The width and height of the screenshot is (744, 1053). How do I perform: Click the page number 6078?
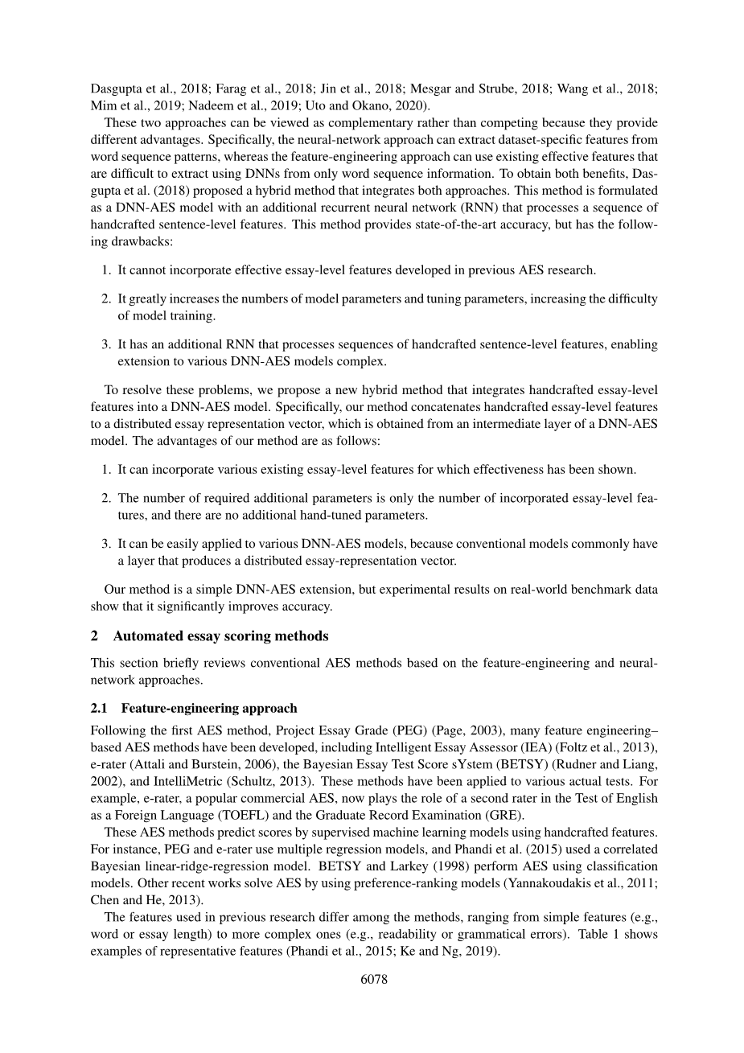click(x=371, y=979)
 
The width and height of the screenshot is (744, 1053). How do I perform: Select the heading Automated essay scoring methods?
click(x=220, y=636)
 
